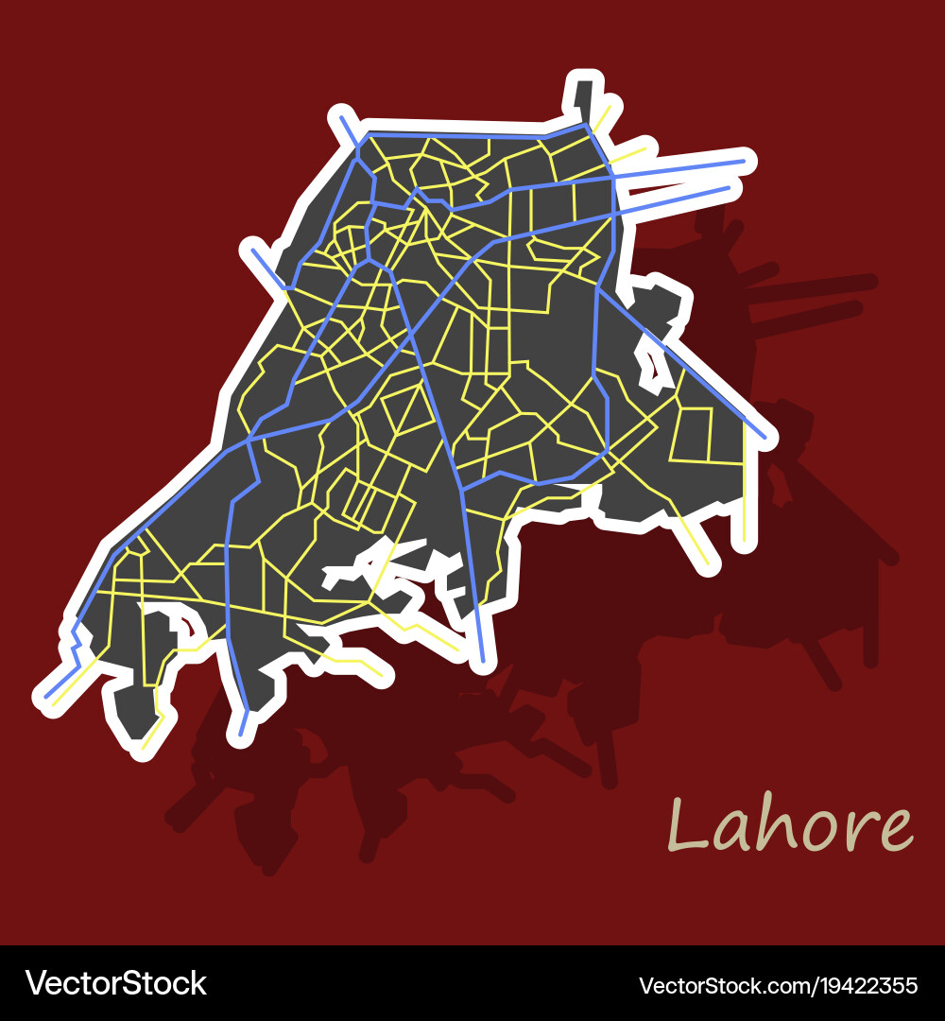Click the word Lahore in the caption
click(790, 825)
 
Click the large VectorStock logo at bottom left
click(115, 983)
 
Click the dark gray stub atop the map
click(583, 95)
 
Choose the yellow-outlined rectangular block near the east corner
click(695, 434)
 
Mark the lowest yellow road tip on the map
click(144, 748)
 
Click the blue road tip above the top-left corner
click(341, 118)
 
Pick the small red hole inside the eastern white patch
click(651, 363)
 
